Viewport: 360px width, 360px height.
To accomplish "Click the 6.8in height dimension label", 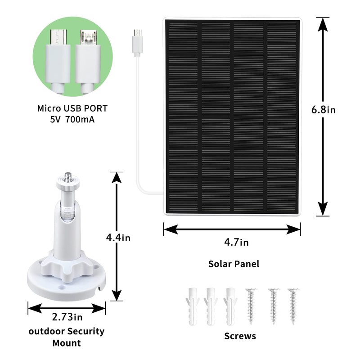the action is click(x=323, y=109).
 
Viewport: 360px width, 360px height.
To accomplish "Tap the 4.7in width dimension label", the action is click(x=236, y=242).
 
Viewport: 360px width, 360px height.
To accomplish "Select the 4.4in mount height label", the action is click(x=118, y=238).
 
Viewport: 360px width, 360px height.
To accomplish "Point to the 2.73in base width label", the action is click(x=67, y=317).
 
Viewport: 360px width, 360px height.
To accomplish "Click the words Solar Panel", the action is click(x=234, y=264).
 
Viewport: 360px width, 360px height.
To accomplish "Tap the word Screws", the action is click(x=240, y=336).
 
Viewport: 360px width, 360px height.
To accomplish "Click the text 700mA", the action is click(x=80, y=120).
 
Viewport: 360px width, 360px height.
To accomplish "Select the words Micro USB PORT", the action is click(x=72, y=108).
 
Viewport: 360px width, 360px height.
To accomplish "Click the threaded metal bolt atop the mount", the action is click(x=67, y=177).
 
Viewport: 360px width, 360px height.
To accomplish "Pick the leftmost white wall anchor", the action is click(x=193, y=306).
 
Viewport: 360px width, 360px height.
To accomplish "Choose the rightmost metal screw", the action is click(x=293, y=306).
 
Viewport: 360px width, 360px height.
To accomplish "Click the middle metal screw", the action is click(x=274, y=306).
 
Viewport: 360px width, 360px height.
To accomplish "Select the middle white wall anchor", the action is click(x=211, y=306).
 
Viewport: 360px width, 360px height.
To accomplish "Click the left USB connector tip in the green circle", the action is click(x=58, y=37).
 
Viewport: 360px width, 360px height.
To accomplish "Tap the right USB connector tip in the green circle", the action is click(x=88, y=37).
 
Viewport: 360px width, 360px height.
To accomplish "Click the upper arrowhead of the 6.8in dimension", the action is click(x=323, y=24).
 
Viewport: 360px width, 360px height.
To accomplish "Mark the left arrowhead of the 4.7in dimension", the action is click(x=171, y=229).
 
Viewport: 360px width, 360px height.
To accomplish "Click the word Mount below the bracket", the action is click(x=67, y=343).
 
